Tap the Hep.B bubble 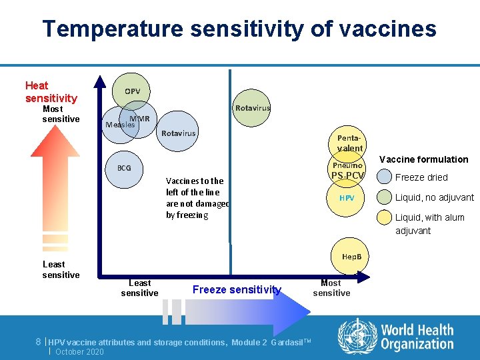coord(351,257)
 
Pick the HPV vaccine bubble coord(347,199)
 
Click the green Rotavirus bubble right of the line coord(252,108)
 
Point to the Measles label coord(120,125)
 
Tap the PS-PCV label coord(347,176)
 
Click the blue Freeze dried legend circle coord(384,177)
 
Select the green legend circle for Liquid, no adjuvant coord(384,197)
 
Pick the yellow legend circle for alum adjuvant coord(384,217)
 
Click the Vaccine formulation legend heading coord(423,159)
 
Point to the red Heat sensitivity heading coord(51,92)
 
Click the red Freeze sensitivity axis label coord(237,289)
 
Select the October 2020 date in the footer coord(80,351)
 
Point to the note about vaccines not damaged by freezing coord(197,198)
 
